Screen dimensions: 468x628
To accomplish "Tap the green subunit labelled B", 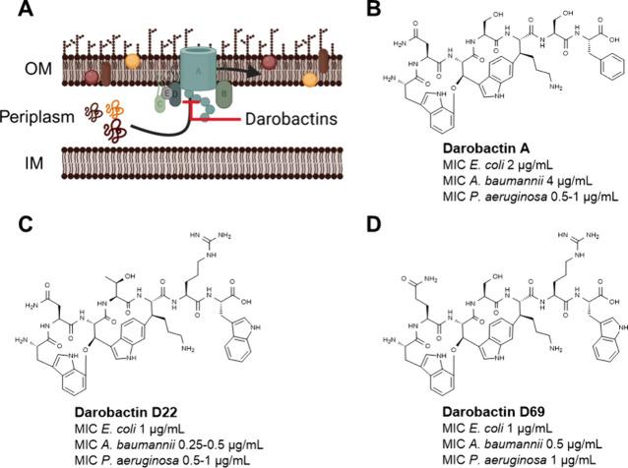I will [223, 95].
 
